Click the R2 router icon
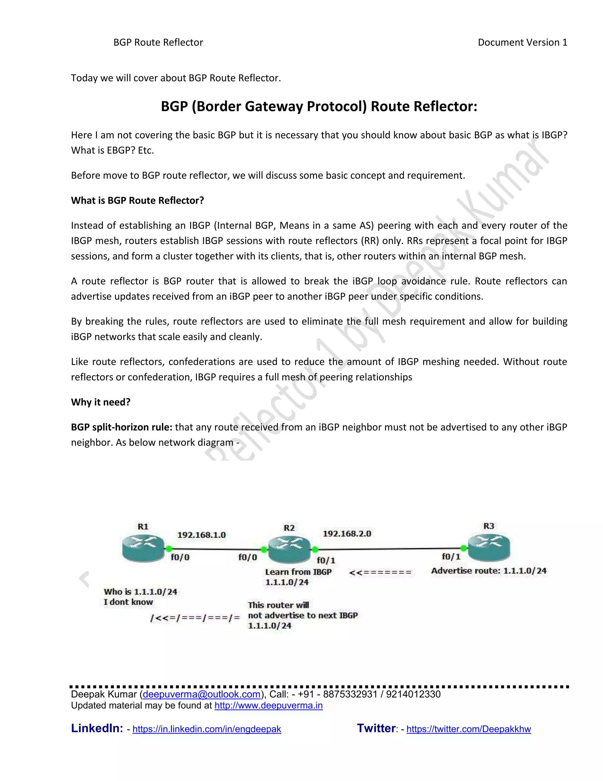point(289,550)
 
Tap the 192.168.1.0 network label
point(201,535)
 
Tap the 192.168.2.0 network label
point(347,533)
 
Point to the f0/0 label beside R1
point(180,557)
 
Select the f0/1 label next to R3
point(451,556)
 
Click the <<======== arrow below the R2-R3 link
point(380,573)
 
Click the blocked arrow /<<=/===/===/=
point(195,617)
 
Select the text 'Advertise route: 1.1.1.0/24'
point(489,571)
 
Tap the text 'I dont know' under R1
point(128,602)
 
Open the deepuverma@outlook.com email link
point(201,694)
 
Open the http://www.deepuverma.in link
point(268,705)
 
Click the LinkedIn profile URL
point(207,729)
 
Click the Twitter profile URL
point(469,729)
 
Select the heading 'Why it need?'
point(101,402)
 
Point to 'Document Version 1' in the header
point(522,42)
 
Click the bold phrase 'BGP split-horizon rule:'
point(122,427)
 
